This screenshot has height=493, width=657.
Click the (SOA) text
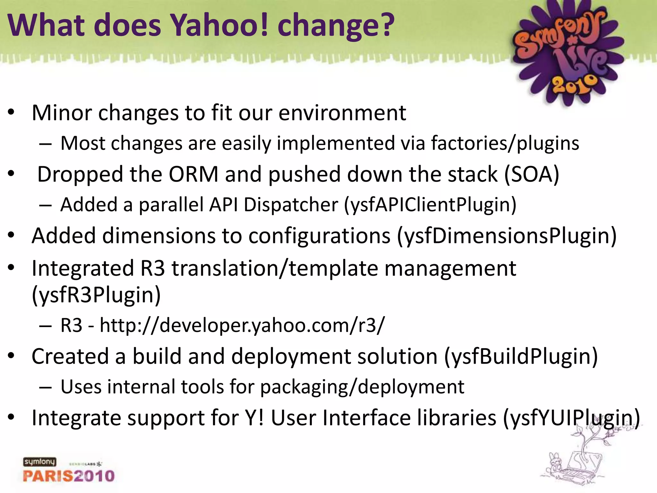[532, 175]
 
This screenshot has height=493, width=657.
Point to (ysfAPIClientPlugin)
[430, 205]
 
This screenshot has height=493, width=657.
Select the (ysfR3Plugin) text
[96, 295]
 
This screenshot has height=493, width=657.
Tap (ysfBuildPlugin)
[521, 357]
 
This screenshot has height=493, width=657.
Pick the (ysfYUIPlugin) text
[571, 418]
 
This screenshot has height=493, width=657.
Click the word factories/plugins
[505, 143]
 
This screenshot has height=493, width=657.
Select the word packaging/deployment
[362, 387]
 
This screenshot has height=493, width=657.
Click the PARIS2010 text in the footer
[69, 476]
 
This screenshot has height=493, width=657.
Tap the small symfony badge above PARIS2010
[39, 462]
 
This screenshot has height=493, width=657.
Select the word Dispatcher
[291, 205]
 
